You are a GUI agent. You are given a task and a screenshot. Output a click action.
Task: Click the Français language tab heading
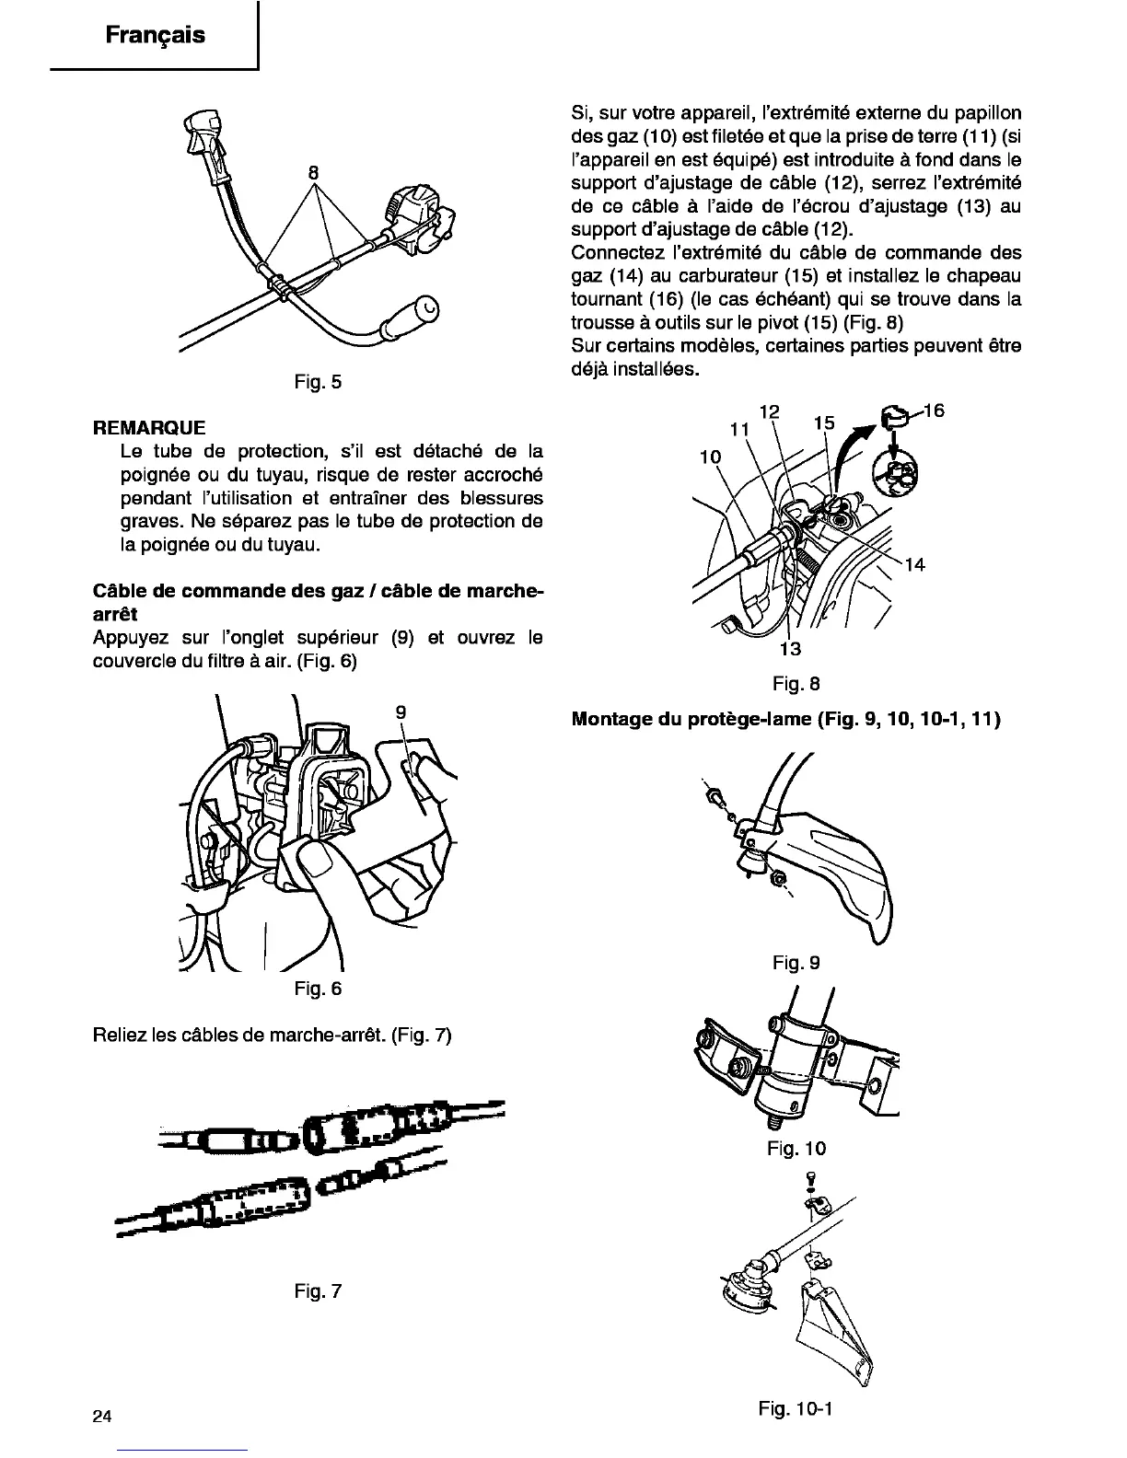click(x=155, y=36)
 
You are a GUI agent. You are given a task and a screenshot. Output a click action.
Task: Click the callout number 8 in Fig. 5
click(x=313, y=171)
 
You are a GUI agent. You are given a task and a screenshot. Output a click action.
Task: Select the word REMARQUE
click(x=149, y=428)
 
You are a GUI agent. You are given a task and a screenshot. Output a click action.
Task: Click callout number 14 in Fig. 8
click(x=914, y=565)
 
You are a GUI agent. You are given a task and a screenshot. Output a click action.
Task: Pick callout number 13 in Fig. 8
click(x=790, y=648)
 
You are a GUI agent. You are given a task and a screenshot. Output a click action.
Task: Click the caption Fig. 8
click(x=796, y=684)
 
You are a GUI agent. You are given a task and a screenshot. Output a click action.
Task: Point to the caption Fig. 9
click(x=796, y=962)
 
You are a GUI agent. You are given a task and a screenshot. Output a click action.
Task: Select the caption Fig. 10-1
click(x=796, y=1408)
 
